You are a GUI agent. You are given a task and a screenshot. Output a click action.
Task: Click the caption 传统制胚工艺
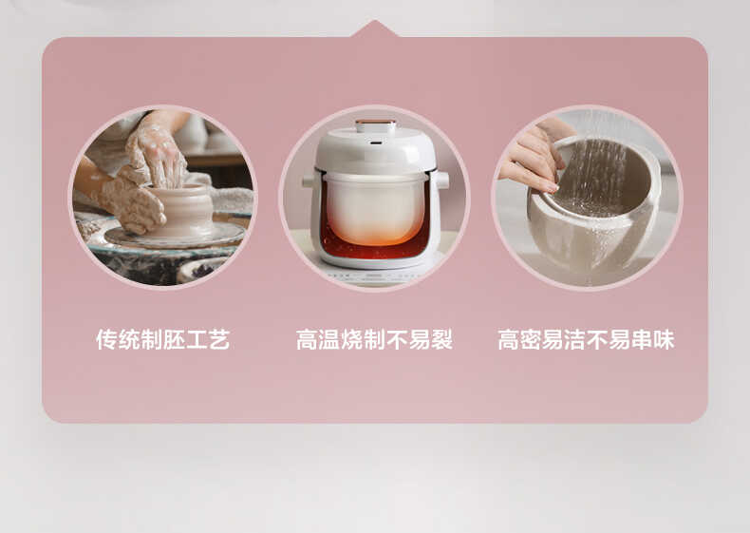(162, 340)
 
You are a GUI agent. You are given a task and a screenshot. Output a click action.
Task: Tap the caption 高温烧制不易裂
(374, 340)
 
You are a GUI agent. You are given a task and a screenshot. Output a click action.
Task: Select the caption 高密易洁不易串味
(586, 340)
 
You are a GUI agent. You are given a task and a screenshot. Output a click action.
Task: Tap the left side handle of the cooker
(309, 181)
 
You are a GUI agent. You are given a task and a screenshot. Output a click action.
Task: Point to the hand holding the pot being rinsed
(532, 158)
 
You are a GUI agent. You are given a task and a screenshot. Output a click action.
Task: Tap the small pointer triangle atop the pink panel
(375, 29)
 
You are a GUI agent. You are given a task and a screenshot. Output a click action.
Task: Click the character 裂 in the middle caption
(441, 340)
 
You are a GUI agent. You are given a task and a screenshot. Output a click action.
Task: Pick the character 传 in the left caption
(106, 340)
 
